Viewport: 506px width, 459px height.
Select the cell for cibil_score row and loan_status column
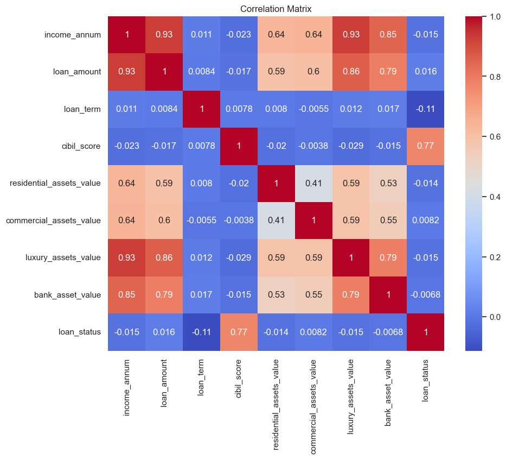pyautogui.click(x=426, y=146)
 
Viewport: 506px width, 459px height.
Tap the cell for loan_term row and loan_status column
pyautogui.click(x=426, y=109)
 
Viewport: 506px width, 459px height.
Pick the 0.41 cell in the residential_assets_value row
pyautogui.click(x=313, y=183)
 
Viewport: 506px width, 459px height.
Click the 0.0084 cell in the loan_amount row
pyautogui.click(x=201, y=72)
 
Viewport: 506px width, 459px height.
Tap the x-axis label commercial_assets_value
pyautogui.click(x=313, y=405)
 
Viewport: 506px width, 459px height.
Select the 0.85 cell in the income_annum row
pyautogui.click(x=388, y=35)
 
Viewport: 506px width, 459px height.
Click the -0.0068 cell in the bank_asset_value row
pyautogui.click(x=426, y=295)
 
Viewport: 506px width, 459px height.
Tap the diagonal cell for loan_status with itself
pyautogui.click(x=426, y=332)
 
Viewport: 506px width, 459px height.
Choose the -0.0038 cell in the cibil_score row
pyautogui.click(x=313, y=146)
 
